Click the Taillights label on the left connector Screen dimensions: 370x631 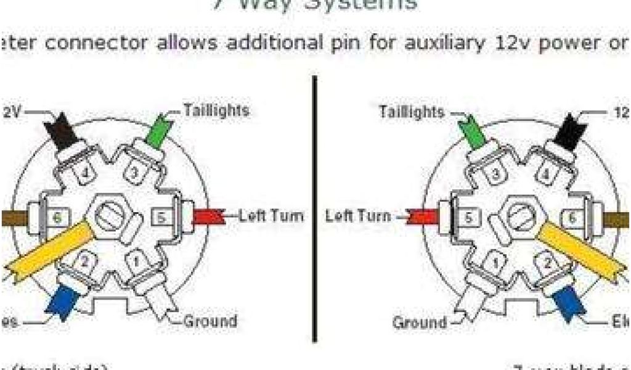(216, 111)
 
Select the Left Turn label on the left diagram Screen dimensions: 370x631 (271, 216)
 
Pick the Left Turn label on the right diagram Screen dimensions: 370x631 (358, 216)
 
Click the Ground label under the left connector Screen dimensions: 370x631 (210, 321)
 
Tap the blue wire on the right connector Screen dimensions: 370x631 (566, 302)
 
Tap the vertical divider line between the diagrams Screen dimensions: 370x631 (315, 210)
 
